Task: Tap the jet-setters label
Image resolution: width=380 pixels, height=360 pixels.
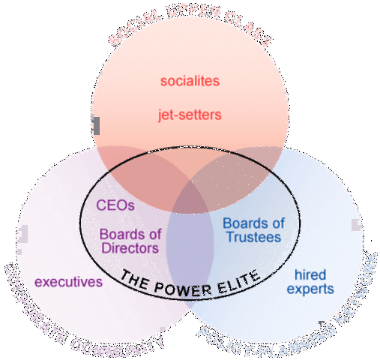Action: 190,115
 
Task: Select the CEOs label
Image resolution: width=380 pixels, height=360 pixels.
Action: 115,204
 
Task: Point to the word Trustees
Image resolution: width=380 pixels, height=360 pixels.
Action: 253,237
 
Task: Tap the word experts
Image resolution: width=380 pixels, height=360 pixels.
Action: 314,289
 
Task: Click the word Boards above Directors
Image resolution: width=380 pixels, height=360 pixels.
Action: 120,233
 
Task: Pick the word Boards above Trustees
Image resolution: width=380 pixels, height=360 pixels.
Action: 253,223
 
